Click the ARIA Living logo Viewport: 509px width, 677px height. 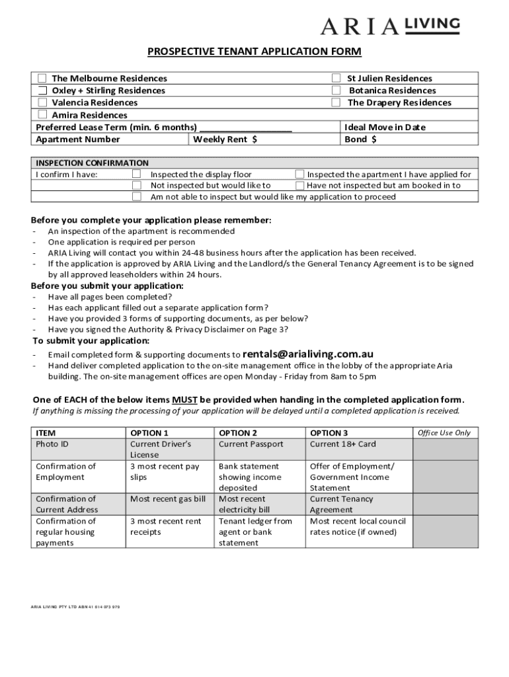[389, 26]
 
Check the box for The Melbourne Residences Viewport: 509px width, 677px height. [42, 79]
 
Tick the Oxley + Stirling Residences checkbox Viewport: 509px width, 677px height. [42, 91]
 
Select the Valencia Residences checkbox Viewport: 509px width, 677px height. [42, 102]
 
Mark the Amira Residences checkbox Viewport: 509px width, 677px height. [42, 115]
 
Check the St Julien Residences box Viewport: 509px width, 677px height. [336, 79]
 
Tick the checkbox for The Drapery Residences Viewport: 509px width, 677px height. [336, 102]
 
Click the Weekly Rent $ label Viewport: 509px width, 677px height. [225, 139]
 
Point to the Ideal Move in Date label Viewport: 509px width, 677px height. [385, 127]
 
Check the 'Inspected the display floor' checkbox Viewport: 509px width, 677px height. [137, 175]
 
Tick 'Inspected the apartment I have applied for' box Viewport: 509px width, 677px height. [299, 175]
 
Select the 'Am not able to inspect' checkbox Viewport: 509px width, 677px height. [137, 196]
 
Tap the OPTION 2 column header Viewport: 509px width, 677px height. [238, 433]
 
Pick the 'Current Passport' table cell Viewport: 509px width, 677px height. [251, 444]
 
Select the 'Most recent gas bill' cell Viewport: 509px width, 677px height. [168, 499]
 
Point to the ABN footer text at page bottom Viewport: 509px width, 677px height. [75, 606]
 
